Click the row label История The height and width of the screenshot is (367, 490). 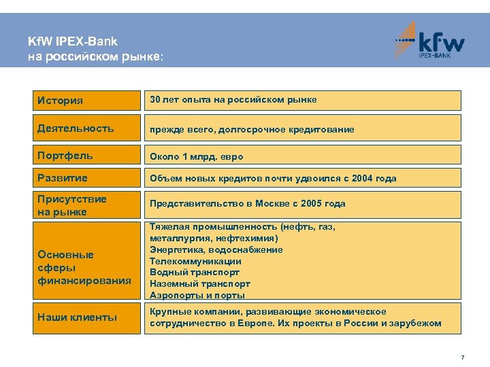pyautogui.click(x=61, y=101)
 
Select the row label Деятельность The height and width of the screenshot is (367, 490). pyautogui.click(x=76, y=128)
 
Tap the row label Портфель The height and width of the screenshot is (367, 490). pyautogui.click(x=65, y=156)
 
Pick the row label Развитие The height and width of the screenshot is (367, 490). pyautogui.click(x=63, y=178)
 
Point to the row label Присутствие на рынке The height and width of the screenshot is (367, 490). pyautogui.click(x=72, y=205)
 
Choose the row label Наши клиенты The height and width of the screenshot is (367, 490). pyautogui.click(x=78, y=317)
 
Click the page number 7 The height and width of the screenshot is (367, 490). pyautogui.click(x=462, y=357)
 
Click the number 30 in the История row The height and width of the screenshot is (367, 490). pyautogui.click(x=154, y=100)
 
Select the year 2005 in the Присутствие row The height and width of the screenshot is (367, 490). pyautogui.click(x=313, y=203)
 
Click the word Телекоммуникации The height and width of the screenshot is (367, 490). pyautogui.click(x=195, y=261)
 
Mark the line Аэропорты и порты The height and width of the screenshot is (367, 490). pyautogui.click(x=197, y=296)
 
